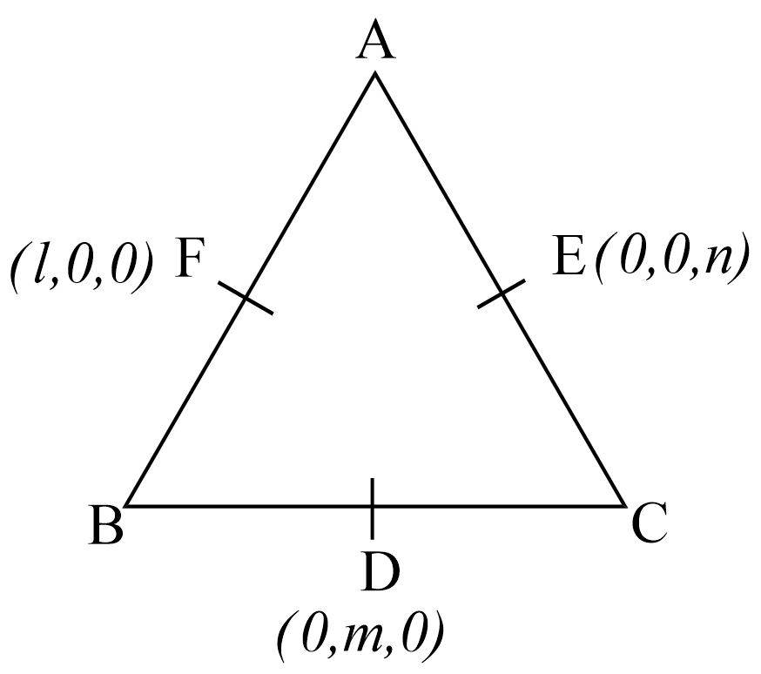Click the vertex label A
tap(375, 40)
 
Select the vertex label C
tap(650, 523)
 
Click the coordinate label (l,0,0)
tap(81, 266)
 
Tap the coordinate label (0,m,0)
tap(361, 636)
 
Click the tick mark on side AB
tap(245, 298)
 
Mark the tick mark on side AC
tap(502, 293)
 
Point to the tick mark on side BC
tap(373, 508)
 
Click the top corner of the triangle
tap(374, 73)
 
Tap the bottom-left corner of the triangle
tap(125, 506)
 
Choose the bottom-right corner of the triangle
tap(625, 506)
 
